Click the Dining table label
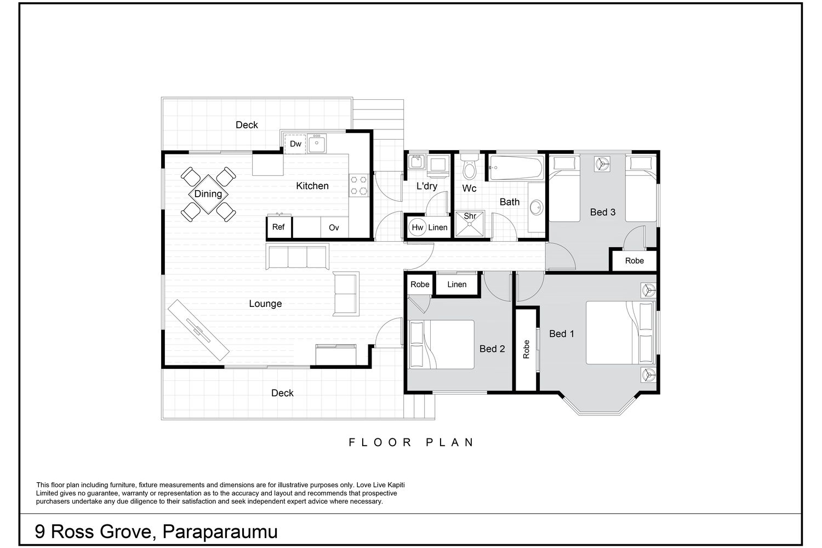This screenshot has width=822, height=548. point(208,193)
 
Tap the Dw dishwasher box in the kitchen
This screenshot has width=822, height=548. point(295,144)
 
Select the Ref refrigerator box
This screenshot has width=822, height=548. point(278,227)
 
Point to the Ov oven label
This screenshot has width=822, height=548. point(334,227)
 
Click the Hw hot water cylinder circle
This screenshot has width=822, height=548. point(418,227)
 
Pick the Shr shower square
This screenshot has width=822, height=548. point(470,224)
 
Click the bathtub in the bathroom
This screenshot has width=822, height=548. point(517,168)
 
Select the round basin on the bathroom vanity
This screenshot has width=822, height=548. point(536,208)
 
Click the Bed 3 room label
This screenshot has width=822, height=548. point(603,212)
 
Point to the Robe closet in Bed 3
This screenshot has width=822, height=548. point(634,261)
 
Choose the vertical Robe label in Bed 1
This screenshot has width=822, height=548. point(526,349)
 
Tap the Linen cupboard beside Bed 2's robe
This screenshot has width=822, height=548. point(457,284)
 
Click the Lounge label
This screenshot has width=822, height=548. point(265,304)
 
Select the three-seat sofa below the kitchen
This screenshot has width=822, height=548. point(297,256)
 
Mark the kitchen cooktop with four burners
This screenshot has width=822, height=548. point(358,185)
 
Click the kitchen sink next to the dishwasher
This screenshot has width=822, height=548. point(316,144)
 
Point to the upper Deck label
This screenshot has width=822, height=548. point(247,125)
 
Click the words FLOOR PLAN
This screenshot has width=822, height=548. point(411,442)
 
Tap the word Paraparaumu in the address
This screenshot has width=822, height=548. point(220,532)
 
